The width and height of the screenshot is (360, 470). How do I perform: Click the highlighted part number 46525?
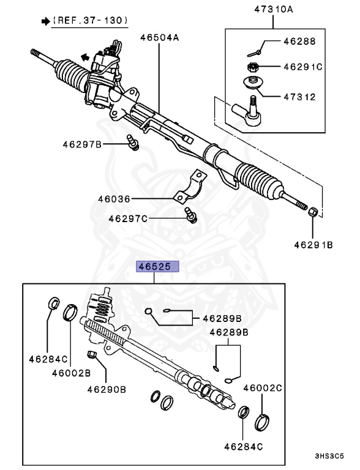(157, 267)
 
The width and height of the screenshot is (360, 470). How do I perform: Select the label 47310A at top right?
(273, 10)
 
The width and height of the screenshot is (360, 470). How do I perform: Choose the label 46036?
(114, 199)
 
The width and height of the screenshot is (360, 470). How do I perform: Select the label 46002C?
(263, 387)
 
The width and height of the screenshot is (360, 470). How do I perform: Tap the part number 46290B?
(106, 389)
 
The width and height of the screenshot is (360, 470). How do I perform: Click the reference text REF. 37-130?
(90, 21)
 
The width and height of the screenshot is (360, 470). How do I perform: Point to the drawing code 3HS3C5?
(329, 457)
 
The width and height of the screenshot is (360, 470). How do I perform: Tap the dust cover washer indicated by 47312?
(251, 83)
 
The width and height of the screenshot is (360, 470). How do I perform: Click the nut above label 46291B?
(311, 212)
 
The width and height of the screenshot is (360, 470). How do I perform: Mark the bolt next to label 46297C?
(190, 214)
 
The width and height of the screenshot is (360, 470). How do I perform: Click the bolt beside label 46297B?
(133, 142)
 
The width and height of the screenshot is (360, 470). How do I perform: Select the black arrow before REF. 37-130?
(45, 21)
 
